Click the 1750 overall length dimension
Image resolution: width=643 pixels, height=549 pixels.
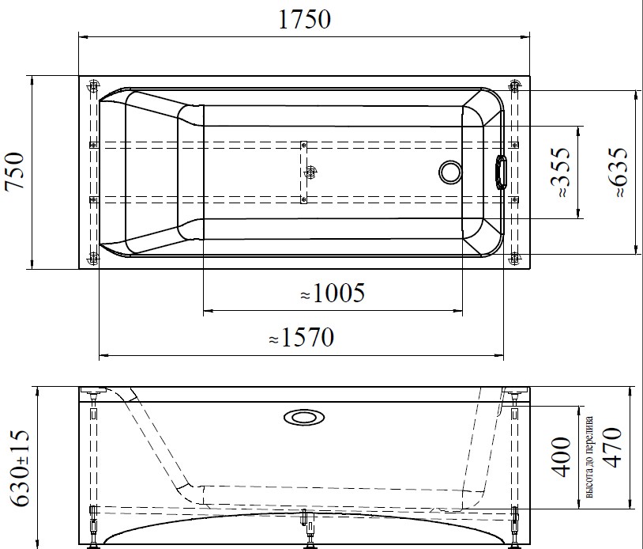pos(303,20)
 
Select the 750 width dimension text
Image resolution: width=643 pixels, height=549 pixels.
pos(17,172)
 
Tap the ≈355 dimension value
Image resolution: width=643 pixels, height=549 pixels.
pos(558,172)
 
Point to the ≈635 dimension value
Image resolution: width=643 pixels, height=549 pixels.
pos(617,172)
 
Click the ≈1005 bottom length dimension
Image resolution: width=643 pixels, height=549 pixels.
pos(332,294)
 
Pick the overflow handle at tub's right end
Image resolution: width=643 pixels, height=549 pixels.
pos(501,172)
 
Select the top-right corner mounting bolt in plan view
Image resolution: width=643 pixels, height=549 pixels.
pos(515,85)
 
